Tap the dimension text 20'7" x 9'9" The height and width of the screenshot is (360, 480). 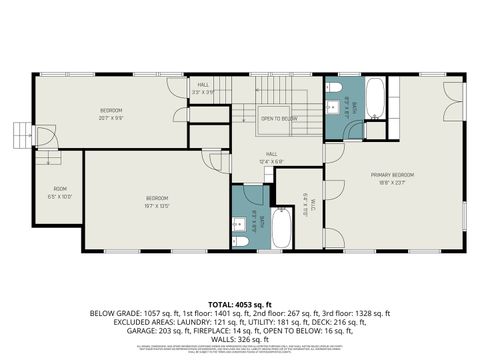[111, 117]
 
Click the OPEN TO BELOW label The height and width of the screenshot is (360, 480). [279, 118]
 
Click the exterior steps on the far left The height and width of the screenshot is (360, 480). [22, 133]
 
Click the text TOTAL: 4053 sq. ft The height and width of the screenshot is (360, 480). [240, 303]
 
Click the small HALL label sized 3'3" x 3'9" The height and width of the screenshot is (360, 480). [203, 88]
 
